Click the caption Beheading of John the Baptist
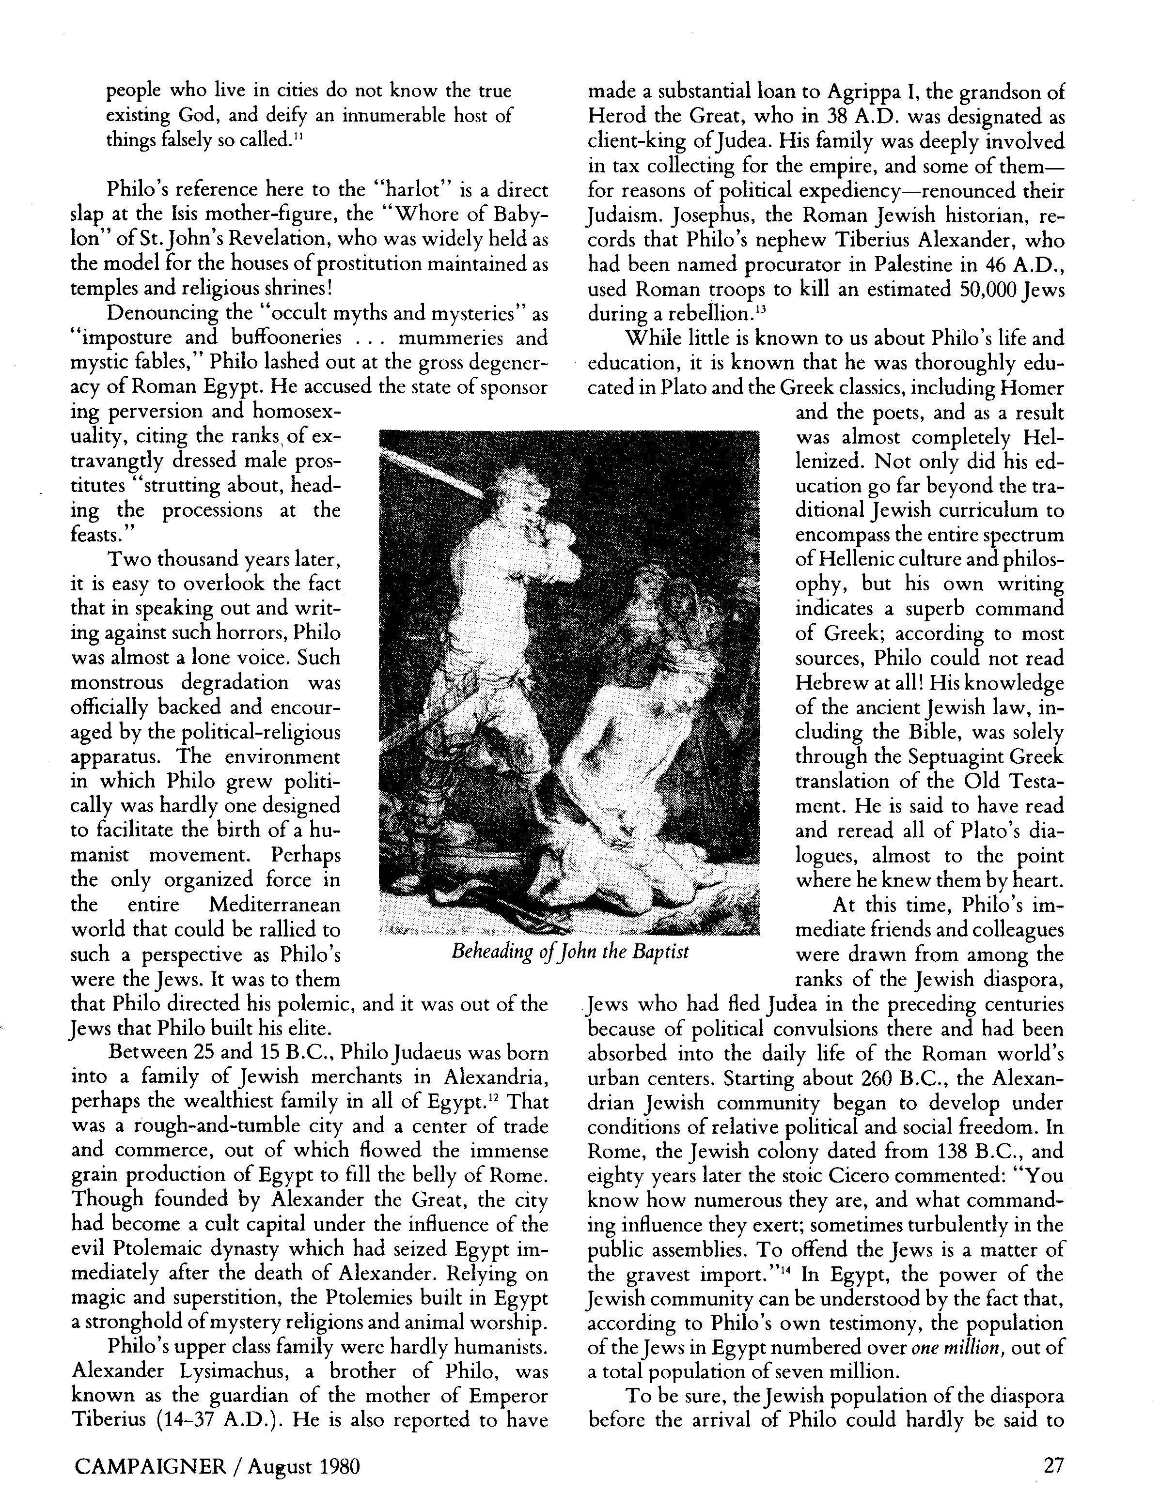pos(570,953)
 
